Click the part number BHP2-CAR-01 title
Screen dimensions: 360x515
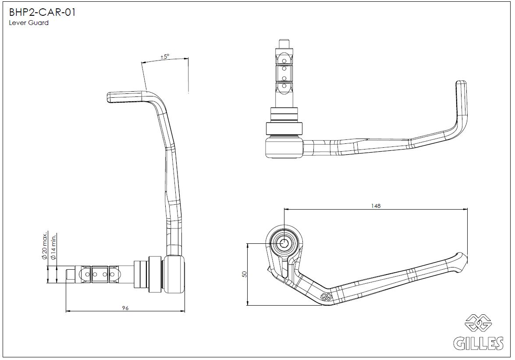click(42, 13)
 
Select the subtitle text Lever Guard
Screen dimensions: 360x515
click(28, 23)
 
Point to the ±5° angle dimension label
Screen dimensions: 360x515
click(165, 57)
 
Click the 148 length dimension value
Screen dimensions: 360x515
click(375, 206)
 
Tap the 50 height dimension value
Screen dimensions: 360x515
click(245, 274)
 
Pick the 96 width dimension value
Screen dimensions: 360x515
click(125, 308)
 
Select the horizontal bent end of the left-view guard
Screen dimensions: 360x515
click(127, 96)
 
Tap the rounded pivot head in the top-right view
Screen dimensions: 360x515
click(284, 147)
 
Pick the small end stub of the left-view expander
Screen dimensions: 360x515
click(70, 274)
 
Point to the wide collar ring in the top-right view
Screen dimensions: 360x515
click(284, 128)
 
